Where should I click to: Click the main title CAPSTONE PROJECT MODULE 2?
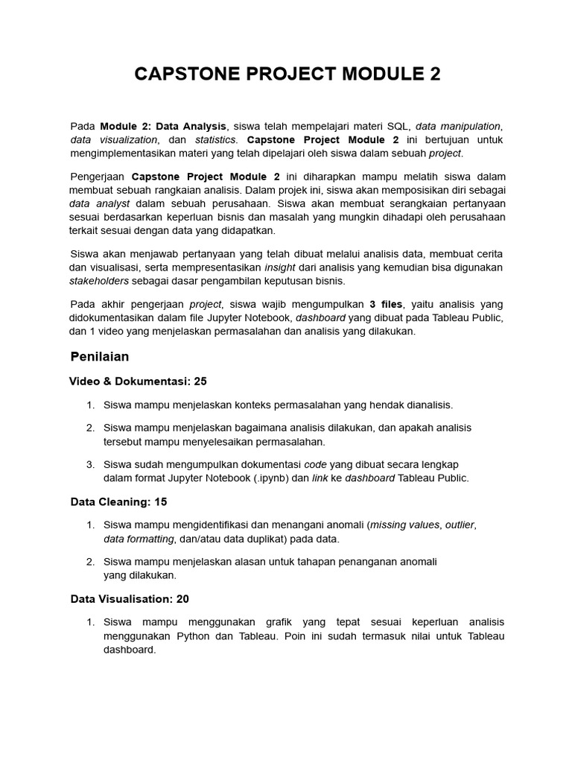point(287,75)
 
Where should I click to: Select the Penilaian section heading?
point(100,356)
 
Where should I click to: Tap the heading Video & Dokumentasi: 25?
point(138,381)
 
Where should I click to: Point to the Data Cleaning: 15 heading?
point(118,501)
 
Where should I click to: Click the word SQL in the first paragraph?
point(397,125)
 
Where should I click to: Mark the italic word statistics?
point(216,139)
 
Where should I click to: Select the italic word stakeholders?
point(99,281)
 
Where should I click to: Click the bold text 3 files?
point(386,304)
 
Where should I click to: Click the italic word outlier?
point(460,525)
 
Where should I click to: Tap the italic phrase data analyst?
point(100,203)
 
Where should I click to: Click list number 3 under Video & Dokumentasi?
point(90,463)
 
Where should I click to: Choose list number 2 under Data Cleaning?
point(90,561)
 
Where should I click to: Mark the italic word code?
point(316,463)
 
